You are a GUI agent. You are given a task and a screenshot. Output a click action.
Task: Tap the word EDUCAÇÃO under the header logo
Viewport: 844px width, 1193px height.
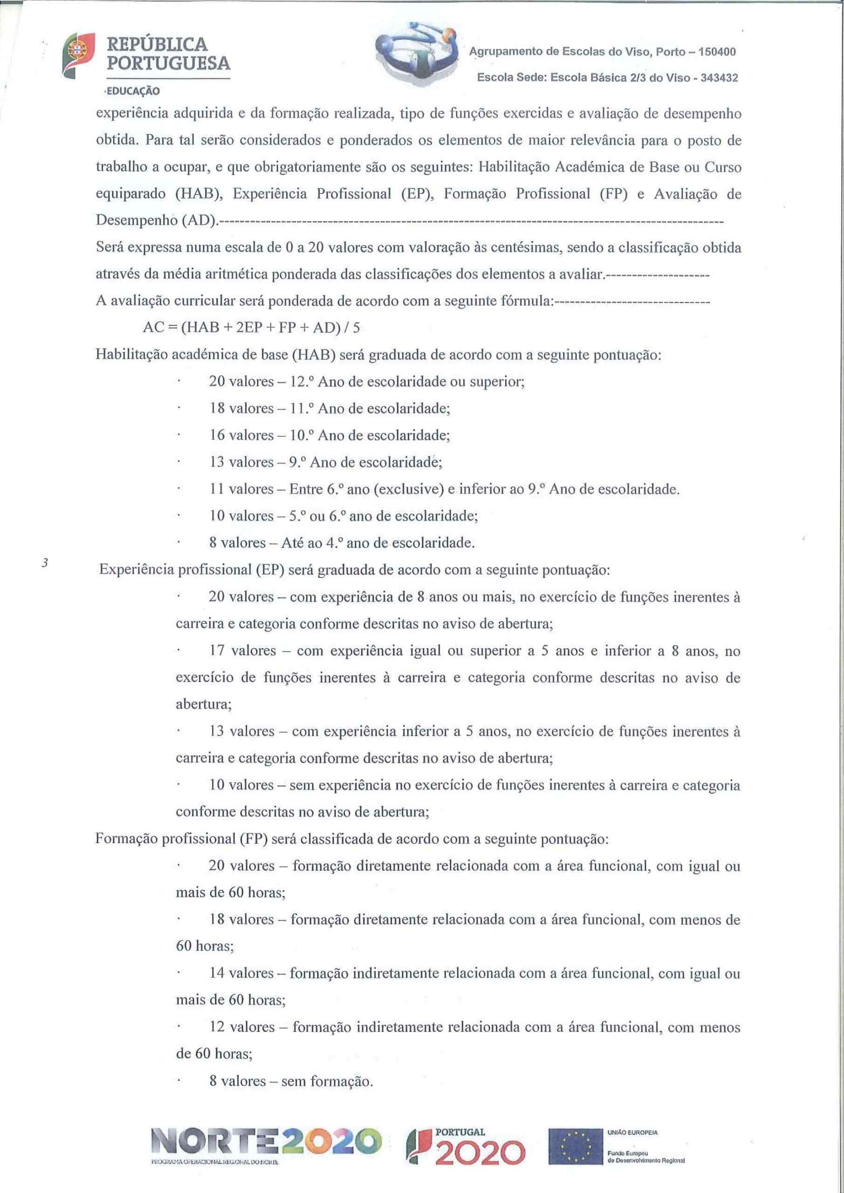[132, 91]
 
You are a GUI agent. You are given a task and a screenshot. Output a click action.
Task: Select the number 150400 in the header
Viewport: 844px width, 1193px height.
[717, 52]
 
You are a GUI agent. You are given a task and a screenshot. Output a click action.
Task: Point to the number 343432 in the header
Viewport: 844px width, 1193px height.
[719, 78]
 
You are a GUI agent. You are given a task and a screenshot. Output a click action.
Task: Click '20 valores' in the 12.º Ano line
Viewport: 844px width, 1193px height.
[241, 381]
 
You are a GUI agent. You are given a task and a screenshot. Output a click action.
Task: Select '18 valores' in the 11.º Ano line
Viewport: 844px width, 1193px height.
[241, 408]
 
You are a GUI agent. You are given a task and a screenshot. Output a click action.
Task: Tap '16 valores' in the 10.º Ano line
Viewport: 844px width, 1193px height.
[241, 435]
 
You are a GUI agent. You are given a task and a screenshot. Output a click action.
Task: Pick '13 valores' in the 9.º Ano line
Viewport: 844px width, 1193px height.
[241, 462]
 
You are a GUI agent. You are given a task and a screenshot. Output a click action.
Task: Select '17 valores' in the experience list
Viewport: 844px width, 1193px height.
[243, 651]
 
